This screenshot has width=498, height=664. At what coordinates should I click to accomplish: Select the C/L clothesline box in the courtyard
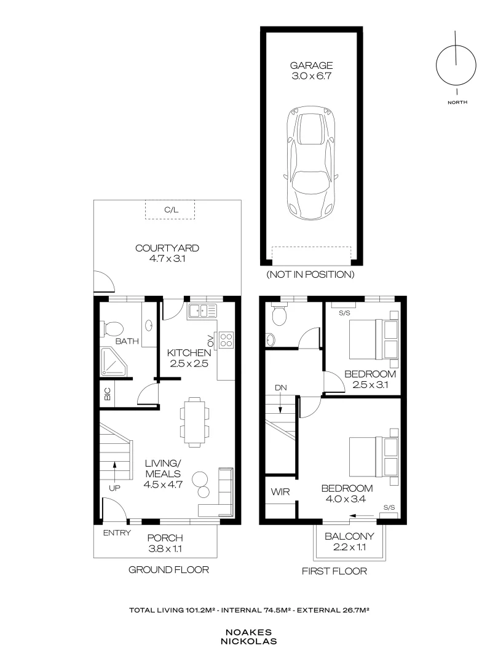tap(170, 210)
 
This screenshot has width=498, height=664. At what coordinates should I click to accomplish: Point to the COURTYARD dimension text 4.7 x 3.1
tap(167, 259)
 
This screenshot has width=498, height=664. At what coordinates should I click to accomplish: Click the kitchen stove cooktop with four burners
tap(226, 339)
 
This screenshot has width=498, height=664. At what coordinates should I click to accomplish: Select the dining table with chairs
tap(194, 422)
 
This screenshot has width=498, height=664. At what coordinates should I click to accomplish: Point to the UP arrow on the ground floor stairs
tap(116, 473)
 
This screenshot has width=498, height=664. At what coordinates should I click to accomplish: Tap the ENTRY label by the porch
tap(117, 533)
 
